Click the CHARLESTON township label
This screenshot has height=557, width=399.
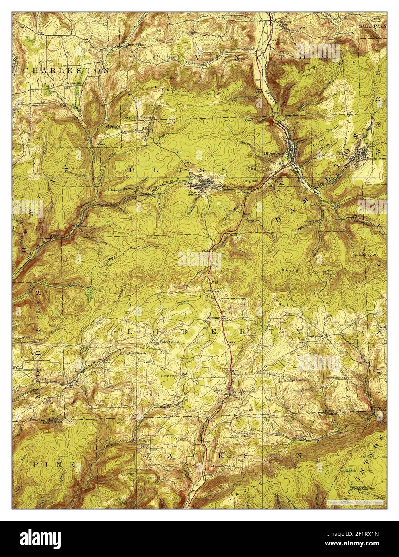click(66, 70)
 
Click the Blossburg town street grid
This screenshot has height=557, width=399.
click(296, 150)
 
